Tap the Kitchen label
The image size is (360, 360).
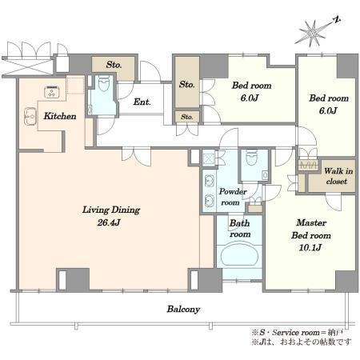pos(60,116)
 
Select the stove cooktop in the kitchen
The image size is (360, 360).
pos(52,91)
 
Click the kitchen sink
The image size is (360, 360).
pos(30,117)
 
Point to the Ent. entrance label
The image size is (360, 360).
pos(142,102)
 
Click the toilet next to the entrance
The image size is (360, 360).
pos(104,82)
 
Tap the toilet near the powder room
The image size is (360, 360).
pos(250,158)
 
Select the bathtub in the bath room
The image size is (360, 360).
pos(240,254)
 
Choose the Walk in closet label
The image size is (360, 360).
pos(338,176)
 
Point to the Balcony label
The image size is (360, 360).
pos(183,310)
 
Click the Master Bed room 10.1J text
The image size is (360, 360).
pos(311,235)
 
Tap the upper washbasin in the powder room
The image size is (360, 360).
pos(209,181)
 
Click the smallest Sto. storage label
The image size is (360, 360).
pos(186,117)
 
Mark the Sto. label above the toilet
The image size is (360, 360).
pos(114,65)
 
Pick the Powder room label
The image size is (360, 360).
pos(232,197)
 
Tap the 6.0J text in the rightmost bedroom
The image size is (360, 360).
pos(328,110)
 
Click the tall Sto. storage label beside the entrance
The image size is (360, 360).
pos(187,85)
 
